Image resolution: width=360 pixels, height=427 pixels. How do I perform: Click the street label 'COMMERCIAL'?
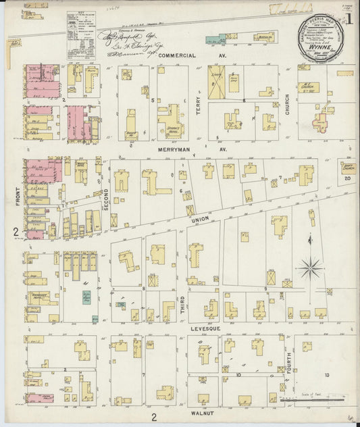(x=177, y=55)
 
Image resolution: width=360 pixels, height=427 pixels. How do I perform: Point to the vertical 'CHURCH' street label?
(x=287, y=103)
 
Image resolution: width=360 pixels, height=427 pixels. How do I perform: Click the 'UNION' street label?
(x=201, y=220)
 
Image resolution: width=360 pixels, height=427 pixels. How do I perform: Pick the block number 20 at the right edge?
(x=347, y=178)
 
